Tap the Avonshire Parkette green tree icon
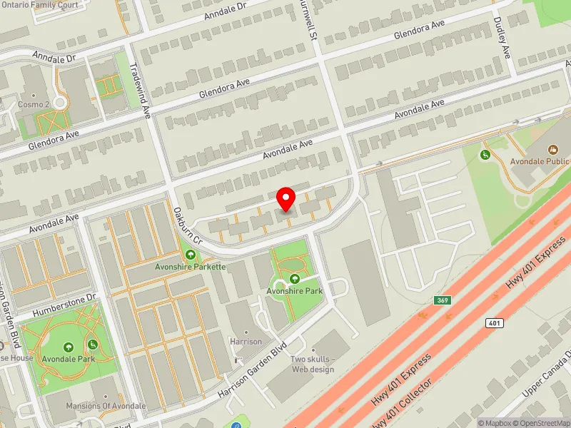coord(191,255)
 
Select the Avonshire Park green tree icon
coord(295,279)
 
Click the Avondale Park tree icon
coord(69,347)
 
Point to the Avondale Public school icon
coord(552,150)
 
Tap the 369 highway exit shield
coord(443,301)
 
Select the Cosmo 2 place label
coord(33,104)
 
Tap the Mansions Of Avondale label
coord(105,406)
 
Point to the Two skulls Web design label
coord(312,364)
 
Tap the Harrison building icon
coord(246,332)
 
